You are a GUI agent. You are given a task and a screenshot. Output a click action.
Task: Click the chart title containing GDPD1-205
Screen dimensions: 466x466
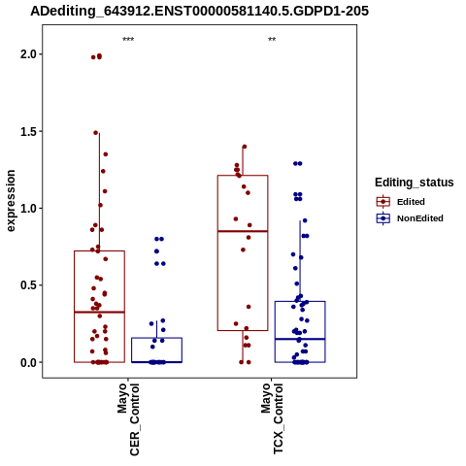(x=199, y=11)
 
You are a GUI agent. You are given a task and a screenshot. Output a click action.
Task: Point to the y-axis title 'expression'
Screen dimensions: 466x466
(x=11, y=201)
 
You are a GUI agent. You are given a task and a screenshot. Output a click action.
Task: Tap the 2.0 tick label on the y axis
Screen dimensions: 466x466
(x=29, y=54)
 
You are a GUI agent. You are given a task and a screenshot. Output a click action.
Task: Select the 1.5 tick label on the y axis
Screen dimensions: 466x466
(x=29, y=131)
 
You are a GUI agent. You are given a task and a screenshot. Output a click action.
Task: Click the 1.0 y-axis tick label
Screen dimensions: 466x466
(x=29, y=208)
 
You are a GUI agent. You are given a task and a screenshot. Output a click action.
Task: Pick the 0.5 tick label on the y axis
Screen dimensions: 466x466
(x=29, y=285)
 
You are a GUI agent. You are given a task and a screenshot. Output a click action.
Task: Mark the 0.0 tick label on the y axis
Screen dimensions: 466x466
(x=29, y=362)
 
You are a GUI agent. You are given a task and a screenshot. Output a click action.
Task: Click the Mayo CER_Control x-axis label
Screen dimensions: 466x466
(x=128, y=419)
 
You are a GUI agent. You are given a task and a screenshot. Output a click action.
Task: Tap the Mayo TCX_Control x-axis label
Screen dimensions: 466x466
(x=272, y=418)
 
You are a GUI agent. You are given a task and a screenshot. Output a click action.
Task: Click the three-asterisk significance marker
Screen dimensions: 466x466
(x=128, y=40)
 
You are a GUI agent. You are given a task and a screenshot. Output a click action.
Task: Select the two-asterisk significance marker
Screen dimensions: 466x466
(x=272, y=40)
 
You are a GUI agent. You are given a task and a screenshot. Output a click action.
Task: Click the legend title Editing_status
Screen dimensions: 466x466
(x=415, y=183)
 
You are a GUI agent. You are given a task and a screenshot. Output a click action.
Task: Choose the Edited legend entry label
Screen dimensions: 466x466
(x=411, y=202)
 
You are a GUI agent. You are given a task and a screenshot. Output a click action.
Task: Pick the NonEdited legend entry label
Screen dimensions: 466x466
(x=420, y=218)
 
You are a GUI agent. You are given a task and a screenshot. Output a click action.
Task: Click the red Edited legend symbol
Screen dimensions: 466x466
(x=383, y=202)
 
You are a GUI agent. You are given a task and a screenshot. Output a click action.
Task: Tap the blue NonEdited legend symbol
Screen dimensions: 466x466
(x=383, y=218)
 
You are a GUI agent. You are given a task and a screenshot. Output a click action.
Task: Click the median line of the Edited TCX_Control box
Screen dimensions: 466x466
(x=243, y=231)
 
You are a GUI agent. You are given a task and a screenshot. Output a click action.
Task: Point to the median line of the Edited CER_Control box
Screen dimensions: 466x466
(x=99, y=312)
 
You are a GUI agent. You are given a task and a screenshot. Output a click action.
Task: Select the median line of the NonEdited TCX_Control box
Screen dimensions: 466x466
(x=300, y=339)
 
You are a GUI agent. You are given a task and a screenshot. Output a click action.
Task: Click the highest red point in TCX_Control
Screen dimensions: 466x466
(x=245, y=147)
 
